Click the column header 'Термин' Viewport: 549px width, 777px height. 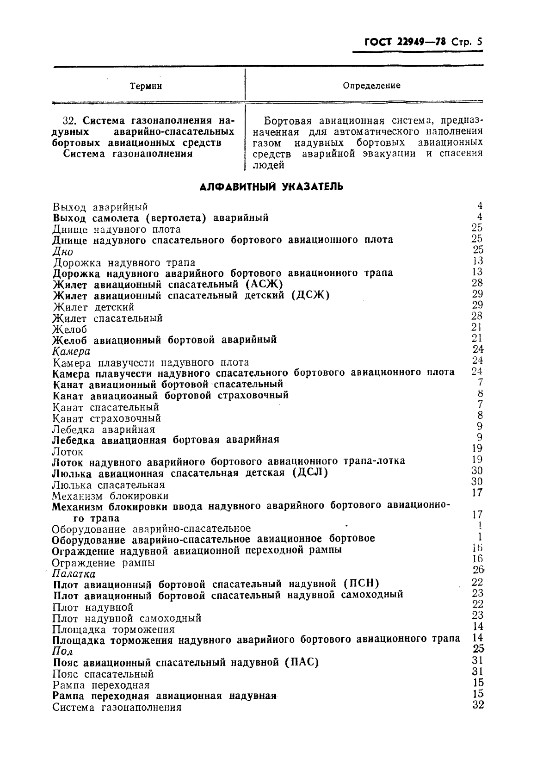pyautogui.click(x=146, y=86)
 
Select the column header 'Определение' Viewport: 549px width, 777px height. pyautogui.click(x=371, y=86)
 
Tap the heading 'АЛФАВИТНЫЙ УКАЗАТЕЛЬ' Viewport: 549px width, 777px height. pyautogui.click(x=271, y=187)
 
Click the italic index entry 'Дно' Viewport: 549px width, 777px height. pyautogui.click(x=63, y=252)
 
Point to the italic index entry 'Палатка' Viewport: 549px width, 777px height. pyautogui.click(x=74, y=574)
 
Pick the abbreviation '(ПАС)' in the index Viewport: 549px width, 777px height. pyautogui.click(x=301, y=662)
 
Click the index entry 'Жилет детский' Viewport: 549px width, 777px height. pyautogui.click(x=94, y=307)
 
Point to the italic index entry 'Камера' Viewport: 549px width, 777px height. pyautogui.click(x=72, y=352)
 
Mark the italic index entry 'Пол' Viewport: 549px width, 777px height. pyautogui.click(x=63, y=652)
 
